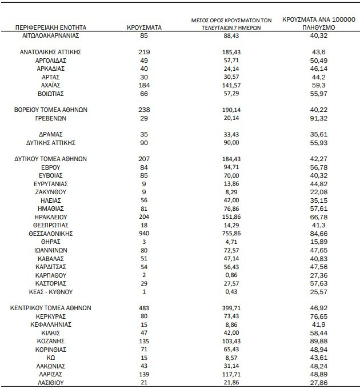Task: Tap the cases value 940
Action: click(144, 234)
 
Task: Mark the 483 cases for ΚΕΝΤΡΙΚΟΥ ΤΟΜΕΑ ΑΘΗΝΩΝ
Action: click(144, 308)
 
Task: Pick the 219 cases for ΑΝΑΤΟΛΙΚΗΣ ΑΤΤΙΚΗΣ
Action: click(144, 51)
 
